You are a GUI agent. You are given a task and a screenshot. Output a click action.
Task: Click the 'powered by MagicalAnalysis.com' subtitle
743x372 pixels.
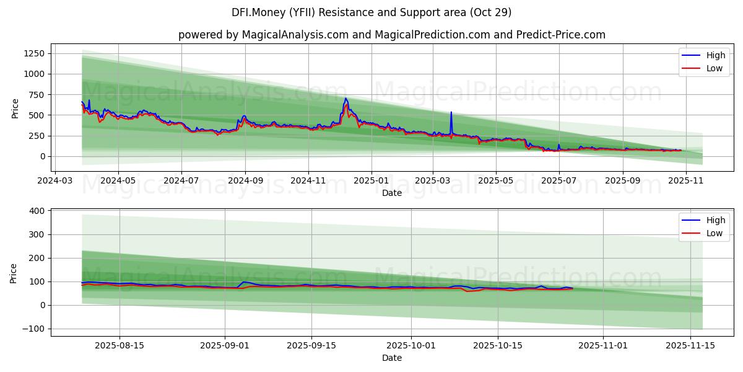[x=391, y=35]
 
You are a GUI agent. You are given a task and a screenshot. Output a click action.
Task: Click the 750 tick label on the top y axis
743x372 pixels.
[x=35, y=94]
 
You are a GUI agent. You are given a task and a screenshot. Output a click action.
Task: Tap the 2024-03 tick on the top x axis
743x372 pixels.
[x=55, y=180]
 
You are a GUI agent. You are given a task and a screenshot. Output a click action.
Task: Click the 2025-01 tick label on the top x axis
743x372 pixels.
[x=371, y=180]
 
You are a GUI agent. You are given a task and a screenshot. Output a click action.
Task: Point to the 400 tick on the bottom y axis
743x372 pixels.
[x=37, y=211]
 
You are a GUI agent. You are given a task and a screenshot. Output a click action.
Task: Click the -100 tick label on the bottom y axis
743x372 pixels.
[x=32, y=329]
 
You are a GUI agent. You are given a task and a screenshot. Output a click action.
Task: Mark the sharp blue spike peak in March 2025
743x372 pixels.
[x=451, y=112]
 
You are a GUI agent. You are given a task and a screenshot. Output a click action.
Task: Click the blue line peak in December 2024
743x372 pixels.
[x=345, y=99]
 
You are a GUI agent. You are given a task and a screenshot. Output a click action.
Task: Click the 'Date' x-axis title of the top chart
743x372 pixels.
[x=391, y=193]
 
